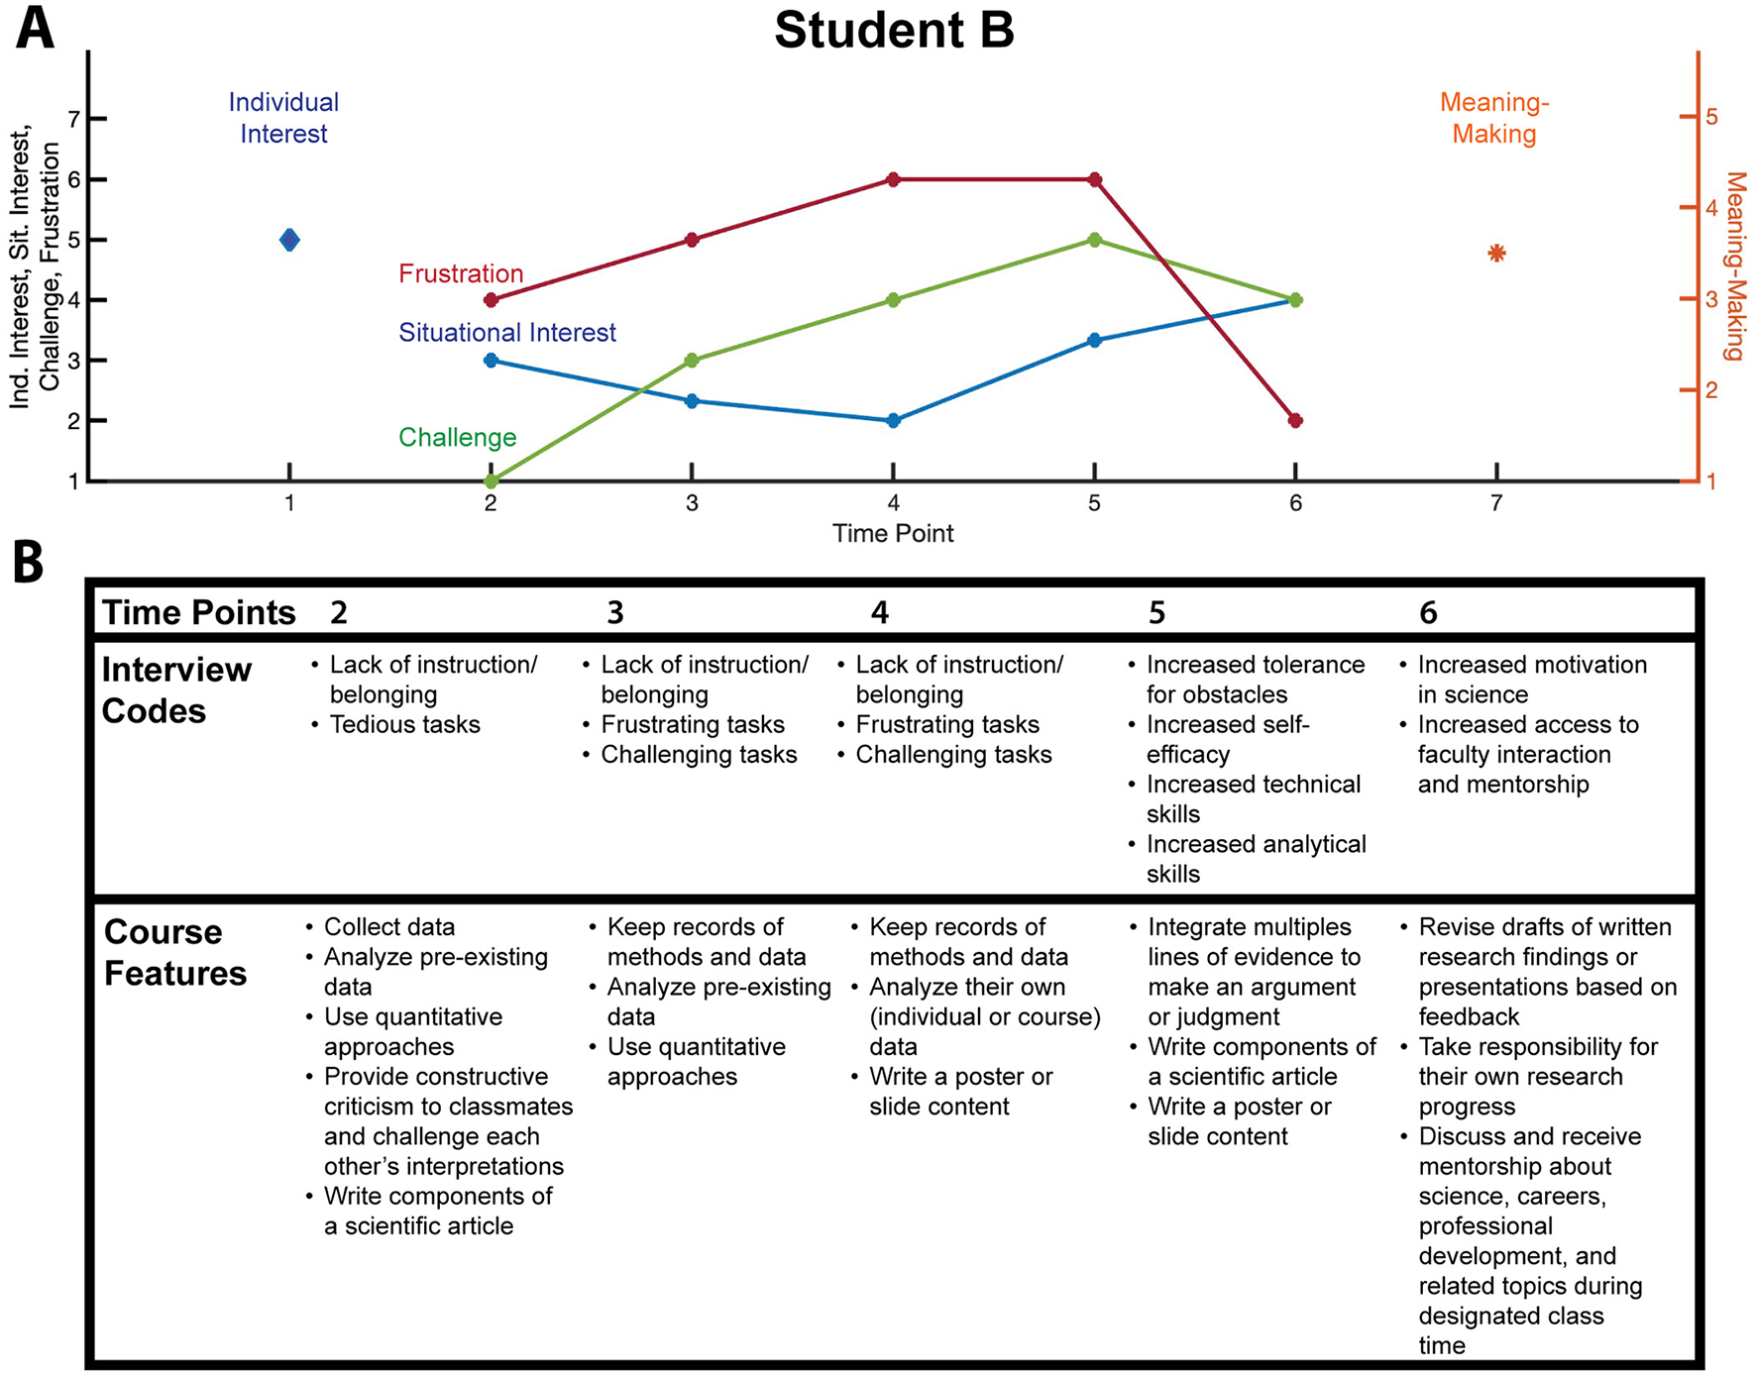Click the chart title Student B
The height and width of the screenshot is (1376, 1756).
click(894, 30)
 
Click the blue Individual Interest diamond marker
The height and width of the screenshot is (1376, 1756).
click(289, 240)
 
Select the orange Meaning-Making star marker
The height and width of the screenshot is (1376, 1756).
click(1496, 254)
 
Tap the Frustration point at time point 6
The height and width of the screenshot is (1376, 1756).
click(1295, 420)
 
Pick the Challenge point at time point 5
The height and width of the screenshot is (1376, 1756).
click(1094, 240)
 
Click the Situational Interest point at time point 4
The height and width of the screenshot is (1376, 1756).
click(893, 420)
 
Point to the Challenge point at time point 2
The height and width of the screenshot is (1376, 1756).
click(491, 481)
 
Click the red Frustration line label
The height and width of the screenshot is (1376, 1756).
click(460, 273)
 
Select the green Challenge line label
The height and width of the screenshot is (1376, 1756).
click(457, 437)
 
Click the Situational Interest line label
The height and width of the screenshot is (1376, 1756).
click(506, 333)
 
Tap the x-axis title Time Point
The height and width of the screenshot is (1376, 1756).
click(893, 534)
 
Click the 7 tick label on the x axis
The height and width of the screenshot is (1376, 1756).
click(1496, 503)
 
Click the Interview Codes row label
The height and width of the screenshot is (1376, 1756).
click(175, 690)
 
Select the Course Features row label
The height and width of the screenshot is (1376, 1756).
click(175, 952)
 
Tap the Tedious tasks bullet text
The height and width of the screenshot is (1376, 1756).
click(404, 724)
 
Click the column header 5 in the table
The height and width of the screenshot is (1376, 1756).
click(1156, 613)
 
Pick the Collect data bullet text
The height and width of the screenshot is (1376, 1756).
click(389, 927)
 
